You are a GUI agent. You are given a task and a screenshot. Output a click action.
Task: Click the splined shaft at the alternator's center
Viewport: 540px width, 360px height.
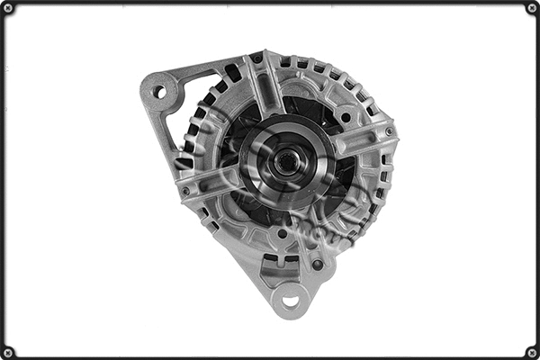point(285,164)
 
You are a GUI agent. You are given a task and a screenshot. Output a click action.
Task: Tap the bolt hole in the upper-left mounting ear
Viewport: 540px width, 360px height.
point(160,92)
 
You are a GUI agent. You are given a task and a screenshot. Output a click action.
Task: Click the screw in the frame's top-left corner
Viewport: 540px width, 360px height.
point(8,8)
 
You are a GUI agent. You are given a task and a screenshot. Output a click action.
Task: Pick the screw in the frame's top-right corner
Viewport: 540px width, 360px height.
point(532,8)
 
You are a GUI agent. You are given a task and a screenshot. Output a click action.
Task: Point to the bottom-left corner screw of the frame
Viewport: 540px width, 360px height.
point(8,352)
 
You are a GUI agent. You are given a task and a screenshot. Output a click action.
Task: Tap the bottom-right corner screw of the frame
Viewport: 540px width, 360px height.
point(532,352)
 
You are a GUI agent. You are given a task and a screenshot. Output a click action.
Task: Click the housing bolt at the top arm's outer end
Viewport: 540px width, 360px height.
point(256,59)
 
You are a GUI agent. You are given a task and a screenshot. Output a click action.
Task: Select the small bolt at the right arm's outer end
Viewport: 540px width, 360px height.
point(389,131)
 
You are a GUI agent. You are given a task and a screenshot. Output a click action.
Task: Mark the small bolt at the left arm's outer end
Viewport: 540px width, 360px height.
point(186,192)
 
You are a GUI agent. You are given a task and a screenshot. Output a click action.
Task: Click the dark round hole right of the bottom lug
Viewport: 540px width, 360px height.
point(317,265)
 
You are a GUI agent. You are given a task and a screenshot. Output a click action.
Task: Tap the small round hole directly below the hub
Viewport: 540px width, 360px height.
point(282,233)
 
